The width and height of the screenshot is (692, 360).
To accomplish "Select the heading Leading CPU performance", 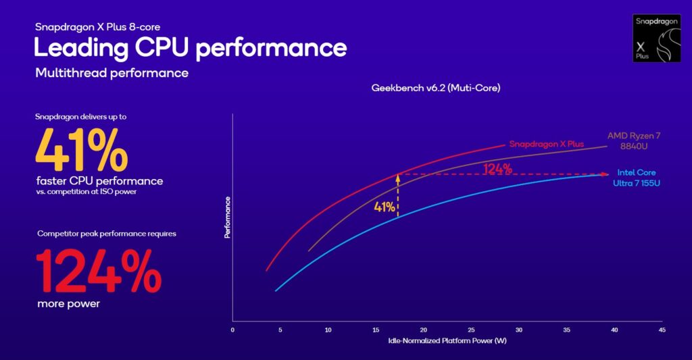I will point(191,49).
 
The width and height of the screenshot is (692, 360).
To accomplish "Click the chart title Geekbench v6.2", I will point(435,88).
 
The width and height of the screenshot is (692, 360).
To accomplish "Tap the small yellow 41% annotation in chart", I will point(384,207).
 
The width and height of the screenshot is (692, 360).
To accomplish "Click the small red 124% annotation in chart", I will point(497,169).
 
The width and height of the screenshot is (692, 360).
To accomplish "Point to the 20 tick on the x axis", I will point(423,330).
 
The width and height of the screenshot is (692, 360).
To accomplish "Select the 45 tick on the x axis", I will point(662,330).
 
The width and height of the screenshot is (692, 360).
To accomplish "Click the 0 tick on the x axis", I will point(232,330).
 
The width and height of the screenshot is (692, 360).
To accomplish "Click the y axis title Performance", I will point(227,217).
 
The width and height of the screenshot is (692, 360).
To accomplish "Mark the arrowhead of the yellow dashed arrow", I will point(397,177).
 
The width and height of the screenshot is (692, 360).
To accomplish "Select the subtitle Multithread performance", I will point(112,72).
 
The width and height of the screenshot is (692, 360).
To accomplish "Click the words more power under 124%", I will point(68,303).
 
